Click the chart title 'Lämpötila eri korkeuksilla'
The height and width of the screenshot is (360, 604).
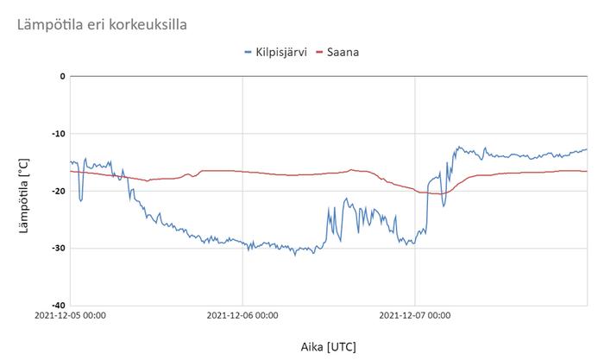102,24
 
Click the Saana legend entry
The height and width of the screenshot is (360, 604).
343,52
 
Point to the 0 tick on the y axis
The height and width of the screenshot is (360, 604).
61,76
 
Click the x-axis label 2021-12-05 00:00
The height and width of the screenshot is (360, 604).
71,316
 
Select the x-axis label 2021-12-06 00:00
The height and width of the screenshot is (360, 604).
242,316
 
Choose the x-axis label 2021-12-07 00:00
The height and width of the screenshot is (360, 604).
415,316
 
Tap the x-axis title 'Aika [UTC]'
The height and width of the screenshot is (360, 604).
328,347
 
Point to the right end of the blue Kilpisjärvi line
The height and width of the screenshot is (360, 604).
587,149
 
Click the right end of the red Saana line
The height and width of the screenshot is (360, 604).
587,171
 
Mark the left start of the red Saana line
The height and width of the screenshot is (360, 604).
71,171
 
